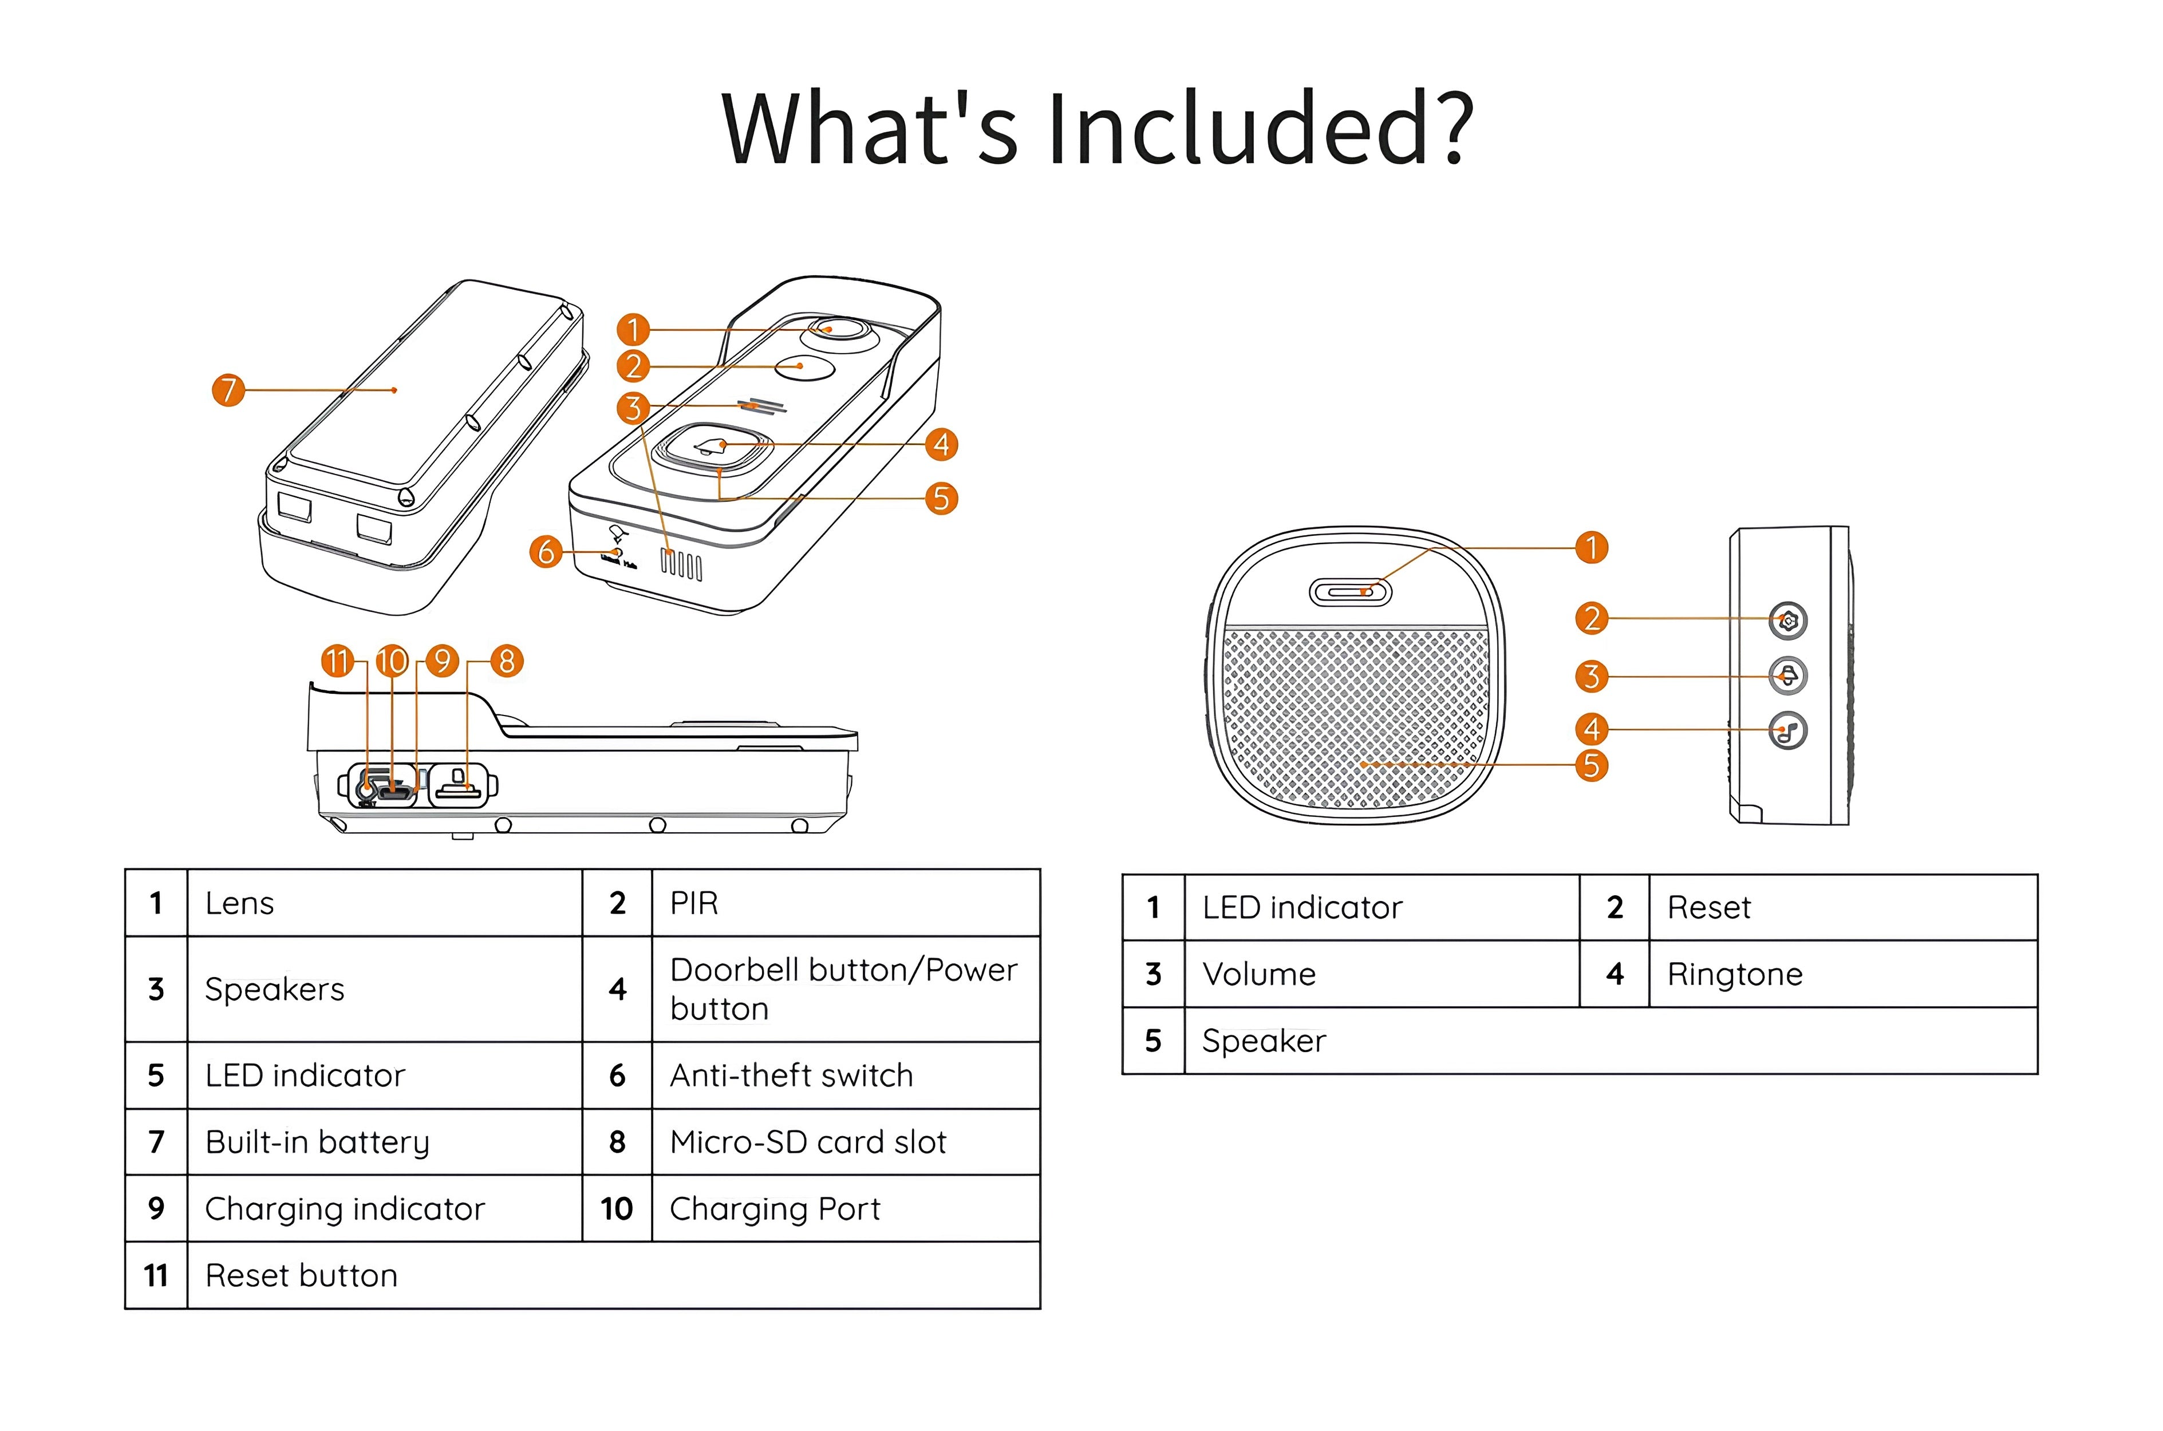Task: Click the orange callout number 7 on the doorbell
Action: coord(228,390)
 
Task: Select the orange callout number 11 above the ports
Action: coord(338,661)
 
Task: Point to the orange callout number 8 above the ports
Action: coord(507,661)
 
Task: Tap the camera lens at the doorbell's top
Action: coord(840,330)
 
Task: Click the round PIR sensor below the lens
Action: coord(804,367)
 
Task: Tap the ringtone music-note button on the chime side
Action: coord(1787,731)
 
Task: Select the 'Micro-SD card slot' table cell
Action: coord(808,1142)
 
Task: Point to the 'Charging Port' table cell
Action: coord(775,1208)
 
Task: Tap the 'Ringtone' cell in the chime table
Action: coord(1734,974)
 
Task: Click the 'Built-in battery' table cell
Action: coord(317,1142)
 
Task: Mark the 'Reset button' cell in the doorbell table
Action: coord(301,1275)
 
